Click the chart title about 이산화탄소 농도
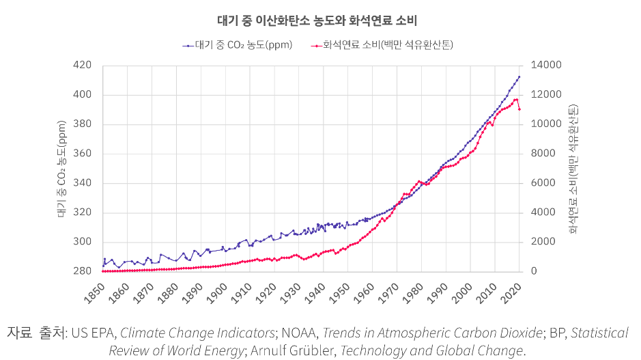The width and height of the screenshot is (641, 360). click(320, 20)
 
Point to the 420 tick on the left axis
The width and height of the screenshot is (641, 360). click(83, 66)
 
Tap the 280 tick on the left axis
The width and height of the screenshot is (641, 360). click(83, 272)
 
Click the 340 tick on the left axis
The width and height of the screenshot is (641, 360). click(83, 183)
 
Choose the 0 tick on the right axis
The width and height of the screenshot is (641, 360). click(534, 272)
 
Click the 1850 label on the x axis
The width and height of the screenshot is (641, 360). click(96, 290)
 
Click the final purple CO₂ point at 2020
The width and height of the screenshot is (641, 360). click(519, 77)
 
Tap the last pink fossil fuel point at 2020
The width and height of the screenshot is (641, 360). click(519, 109)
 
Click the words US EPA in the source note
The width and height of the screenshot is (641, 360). click(93, 333)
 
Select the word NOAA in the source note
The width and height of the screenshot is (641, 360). click(298, 333)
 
